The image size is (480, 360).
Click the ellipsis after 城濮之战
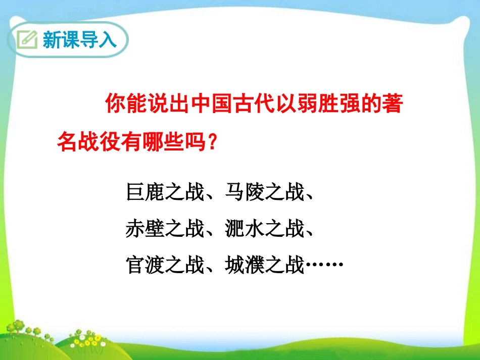click(324, 265)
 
